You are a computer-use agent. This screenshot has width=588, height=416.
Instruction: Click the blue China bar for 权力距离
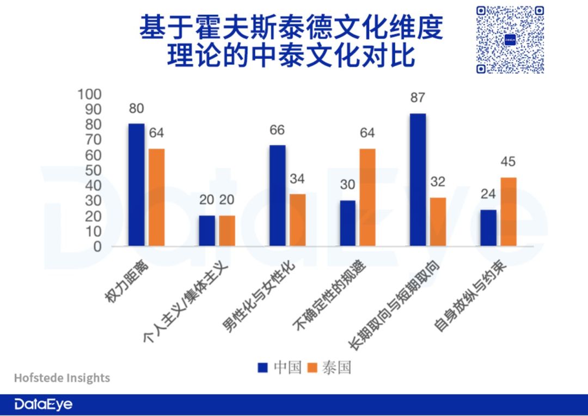136,185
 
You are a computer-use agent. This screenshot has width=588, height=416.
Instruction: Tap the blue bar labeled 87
419,180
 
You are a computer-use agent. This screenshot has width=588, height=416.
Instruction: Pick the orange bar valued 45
509,212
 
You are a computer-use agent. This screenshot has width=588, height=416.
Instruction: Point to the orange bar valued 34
297,220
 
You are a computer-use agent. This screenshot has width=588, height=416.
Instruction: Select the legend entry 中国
280,368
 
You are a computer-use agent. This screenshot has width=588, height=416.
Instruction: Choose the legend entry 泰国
330,368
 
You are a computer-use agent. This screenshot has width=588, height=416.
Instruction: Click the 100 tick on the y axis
89,94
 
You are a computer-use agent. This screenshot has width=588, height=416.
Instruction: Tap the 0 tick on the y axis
97,247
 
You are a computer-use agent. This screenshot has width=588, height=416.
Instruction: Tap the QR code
510,40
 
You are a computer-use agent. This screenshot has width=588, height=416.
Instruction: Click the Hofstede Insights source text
62,378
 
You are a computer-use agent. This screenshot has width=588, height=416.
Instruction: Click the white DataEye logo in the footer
43,405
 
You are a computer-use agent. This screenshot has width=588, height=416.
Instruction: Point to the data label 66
277,130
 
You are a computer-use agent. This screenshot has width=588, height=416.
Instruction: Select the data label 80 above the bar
136,108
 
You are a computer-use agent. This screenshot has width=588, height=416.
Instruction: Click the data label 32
438,182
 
